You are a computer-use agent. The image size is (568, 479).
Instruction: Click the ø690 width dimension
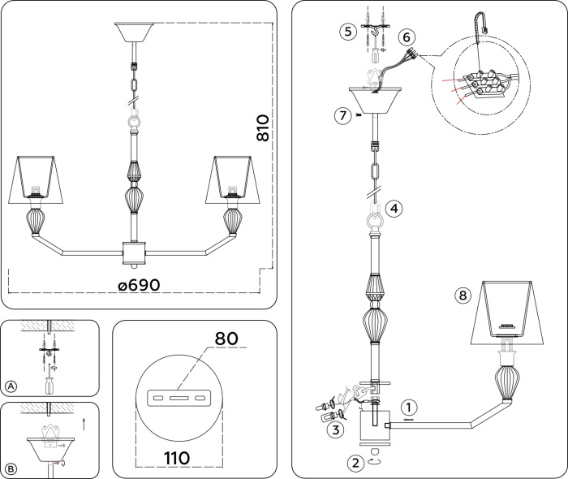(x=139, y=286)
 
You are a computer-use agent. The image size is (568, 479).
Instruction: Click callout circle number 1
(x=411, y=407)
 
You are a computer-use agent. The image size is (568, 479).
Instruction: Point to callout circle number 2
(x=355, y=464)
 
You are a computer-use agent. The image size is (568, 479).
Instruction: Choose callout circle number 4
(x=394, y=209)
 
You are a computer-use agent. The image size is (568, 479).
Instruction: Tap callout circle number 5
(x=348, y=32)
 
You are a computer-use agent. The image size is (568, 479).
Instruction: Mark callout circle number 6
(x=407, y=37)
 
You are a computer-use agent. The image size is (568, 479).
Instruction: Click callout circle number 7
(x=342, y=114)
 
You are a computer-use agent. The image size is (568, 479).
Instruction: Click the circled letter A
(x=11, y=386)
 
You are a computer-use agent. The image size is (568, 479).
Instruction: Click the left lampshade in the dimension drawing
(x=36, y=179)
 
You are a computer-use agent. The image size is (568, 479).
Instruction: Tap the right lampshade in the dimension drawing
(x=233, y=179)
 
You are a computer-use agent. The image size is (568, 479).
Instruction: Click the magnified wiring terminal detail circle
(x=482, y=87)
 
